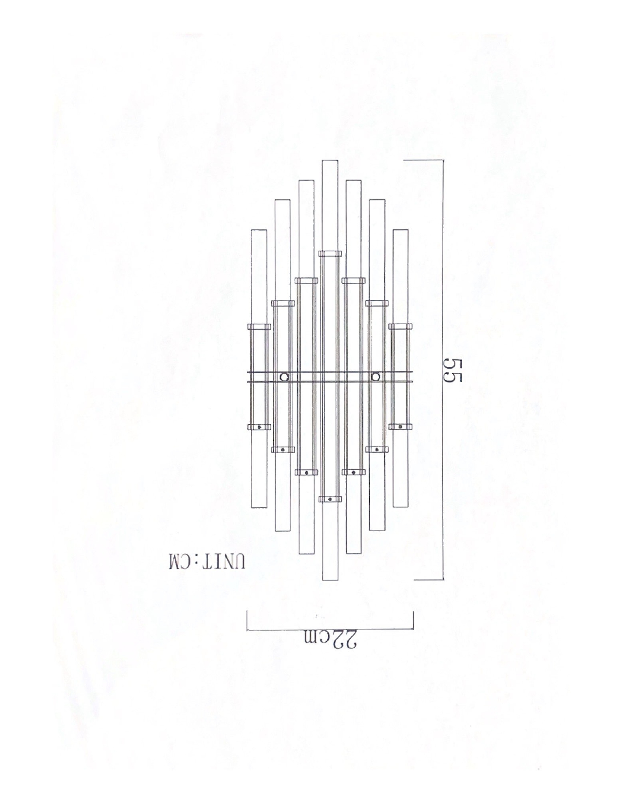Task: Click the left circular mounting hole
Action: pyautogui.click(x=284, y=377)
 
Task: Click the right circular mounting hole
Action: pyautogui.click(x=376, y=377)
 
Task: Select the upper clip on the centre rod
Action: pyautogui.click(x=330, y=254)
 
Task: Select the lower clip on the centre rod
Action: pyautogui.click(x=330, y=499)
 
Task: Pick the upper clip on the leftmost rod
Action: pyautogui.click(x=259, y=327)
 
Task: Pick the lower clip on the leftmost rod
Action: pyautogui.click(x=259, y=427)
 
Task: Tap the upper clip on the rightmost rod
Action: pyautogui.click(x=400, y=327)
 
